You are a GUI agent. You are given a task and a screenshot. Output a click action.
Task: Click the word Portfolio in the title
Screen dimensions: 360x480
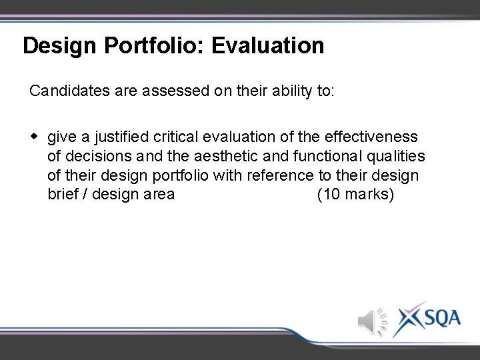(x=139, y=46)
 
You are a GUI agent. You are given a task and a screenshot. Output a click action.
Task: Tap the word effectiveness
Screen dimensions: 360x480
(x=371, y=137)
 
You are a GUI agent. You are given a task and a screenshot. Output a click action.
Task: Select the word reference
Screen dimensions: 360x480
(x=279, y=176)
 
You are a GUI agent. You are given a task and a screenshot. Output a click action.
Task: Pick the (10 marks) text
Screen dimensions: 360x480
(x=355, y=195)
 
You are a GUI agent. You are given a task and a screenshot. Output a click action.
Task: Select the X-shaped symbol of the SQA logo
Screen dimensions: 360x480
(x=407, y=318)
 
